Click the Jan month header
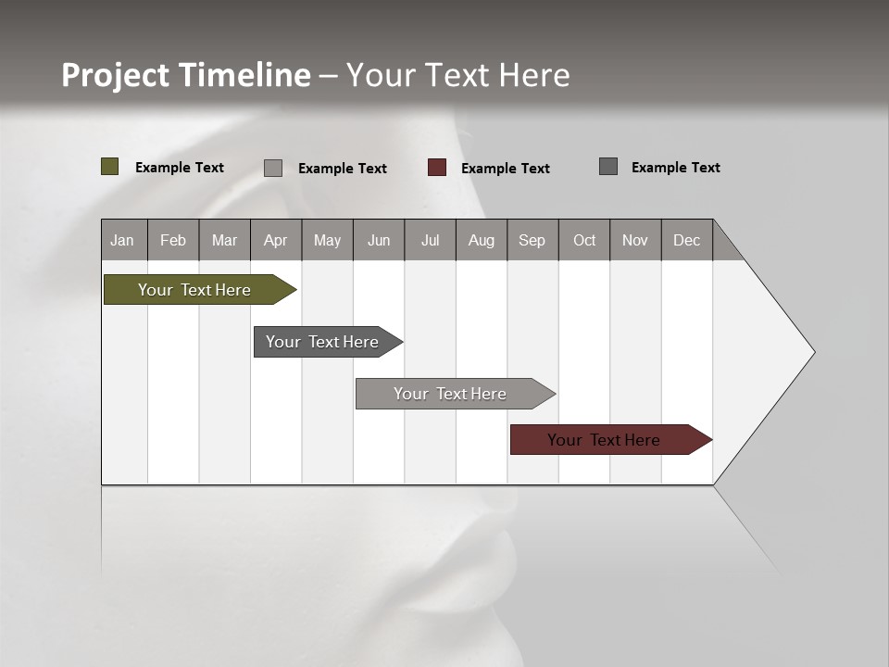pyautogui.click(x=122, y=240)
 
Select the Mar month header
pyautogui.click(x=224, y=240)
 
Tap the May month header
pyautogui.click(x=327, y=240)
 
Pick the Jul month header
pyautogui.click(x=430, y=240)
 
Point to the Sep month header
pyautogui.click(x=532, y=240)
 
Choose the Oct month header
pyautogui.click(x=584, y=240)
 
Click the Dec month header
pyautogui.click(x=686, y=240)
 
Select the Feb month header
pyautogui.click(x=173, y=240)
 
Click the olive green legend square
pyautogui.click(x=110, y=167)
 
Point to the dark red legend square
pyautogui.click(x=437, y=168)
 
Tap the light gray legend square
pyautogui.click(x=273, y=168)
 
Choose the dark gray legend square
pyautogui.click(x=608, y=167)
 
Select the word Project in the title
pyautogui.click(x=115, y=75)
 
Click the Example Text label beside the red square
pyautogui.click(x=505, y=169)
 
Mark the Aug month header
pyautogui.click(x=481, y=240)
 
